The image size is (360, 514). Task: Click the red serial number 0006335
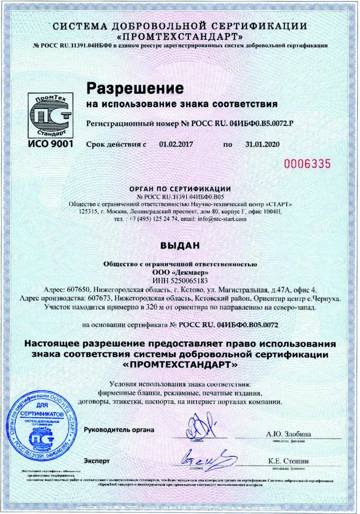[x=307, y=164]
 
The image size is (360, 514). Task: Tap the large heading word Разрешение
[x=135, y=88]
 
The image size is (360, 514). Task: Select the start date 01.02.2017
[x=176, y=145]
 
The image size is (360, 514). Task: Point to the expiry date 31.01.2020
[x=263, y=145]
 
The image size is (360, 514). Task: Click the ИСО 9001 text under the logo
[x=51, y=144]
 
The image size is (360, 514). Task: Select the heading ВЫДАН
[x=180, y=246]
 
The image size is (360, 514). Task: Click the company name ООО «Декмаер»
[x=180, y=272]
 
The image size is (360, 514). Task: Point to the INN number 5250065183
[x=190, y=281]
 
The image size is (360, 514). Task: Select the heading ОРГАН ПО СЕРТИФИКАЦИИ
[x=180, y=189]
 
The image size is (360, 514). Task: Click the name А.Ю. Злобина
[x=289, y=434]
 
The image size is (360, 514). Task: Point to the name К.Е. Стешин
[x=289, y=461]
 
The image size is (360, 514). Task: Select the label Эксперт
[x=97, y=461]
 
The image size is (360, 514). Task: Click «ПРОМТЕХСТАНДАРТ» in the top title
[x=180, y=37]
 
